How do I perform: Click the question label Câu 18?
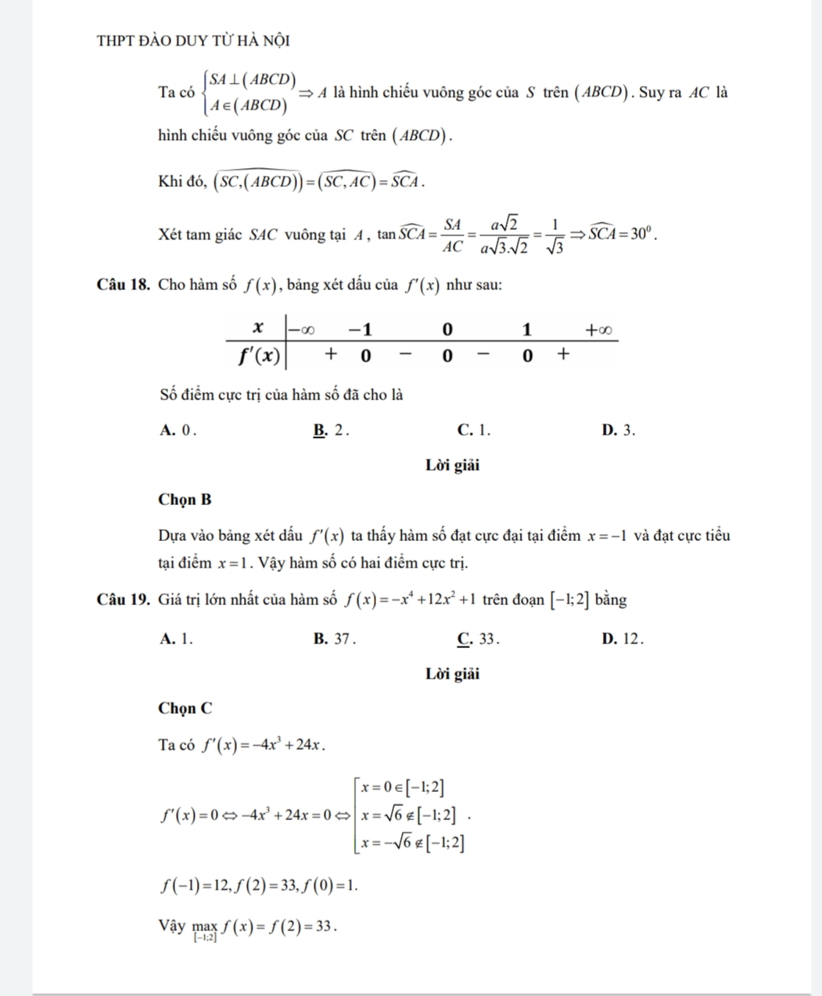(124, 285)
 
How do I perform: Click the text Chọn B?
(185, 499)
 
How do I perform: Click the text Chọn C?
(185, 708)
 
